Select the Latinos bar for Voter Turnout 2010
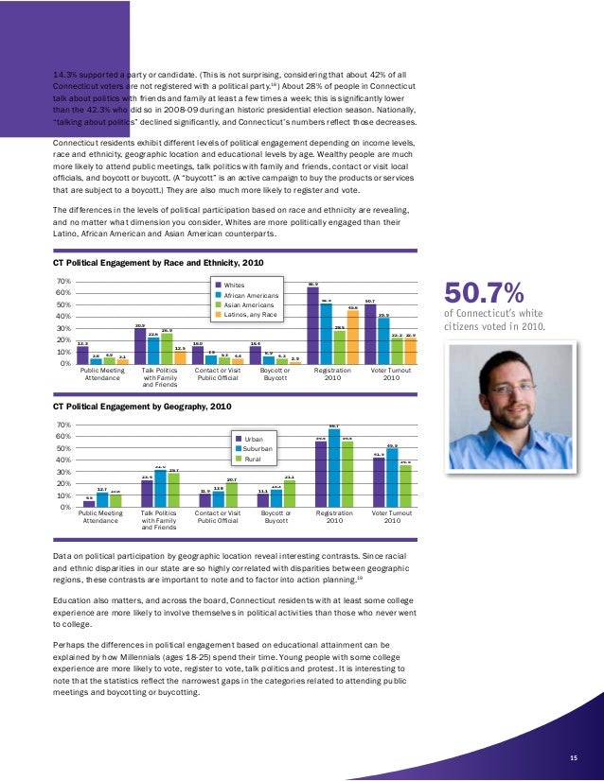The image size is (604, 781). coord(410,351)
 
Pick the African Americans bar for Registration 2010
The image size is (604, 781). coord(326,334)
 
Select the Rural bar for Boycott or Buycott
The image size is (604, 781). coord(288,494)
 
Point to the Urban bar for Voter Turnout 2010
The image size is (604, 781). coord(379,483)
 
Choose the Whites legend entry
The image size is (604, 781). coord(234,284)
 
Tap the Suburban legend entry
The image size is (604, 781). coord(258,449)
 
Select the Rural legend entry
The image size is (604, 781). coord(252,460)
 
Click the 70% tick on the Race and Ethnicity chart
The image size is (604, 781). coord(65,282)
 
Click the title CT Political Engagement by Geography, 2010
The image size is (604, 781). coord(143,407)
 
